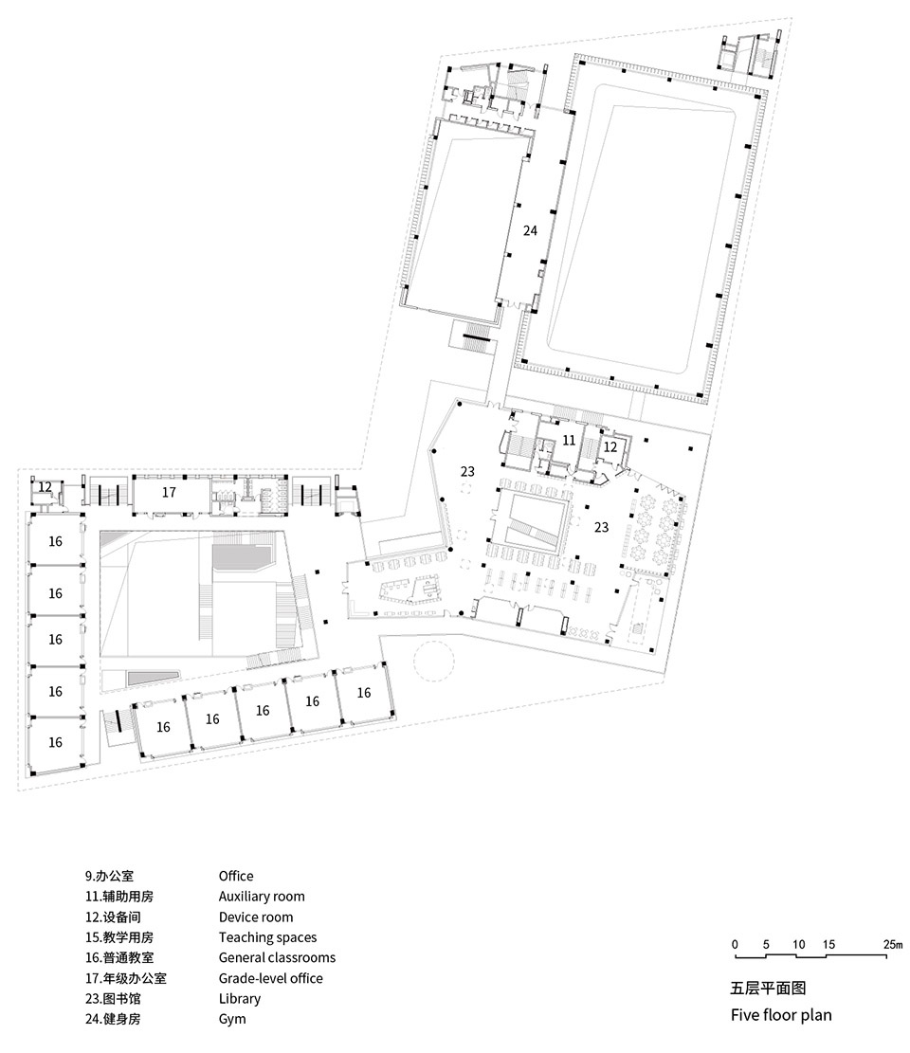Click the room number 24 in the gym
point(530,230)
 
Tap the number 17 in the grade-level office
point(169,492)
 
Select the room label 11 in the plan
point(569,440)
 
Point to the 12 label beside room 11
point(610,446)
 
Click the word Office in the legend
point(236,876)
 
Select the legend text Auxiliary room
point(262,897)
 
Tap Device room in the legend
point(255,917)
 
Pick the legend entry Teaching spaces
point(267,937)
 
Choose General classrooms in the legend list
point(277,957)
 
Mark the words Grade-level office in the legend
point(270,978)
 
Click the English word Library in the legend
point(239,999)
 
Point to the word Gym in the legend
point(231,1020)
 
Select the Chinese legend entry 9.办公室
point(109,876)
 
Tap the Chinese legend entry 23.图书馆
point(112,999)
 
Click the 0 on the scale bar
point(735,944)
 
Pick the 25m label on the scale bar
point(893,944)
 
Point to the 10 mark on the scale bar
point(798,944)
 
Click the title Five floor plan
point(781,1015)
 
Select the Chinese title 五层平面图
point(768,988)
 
